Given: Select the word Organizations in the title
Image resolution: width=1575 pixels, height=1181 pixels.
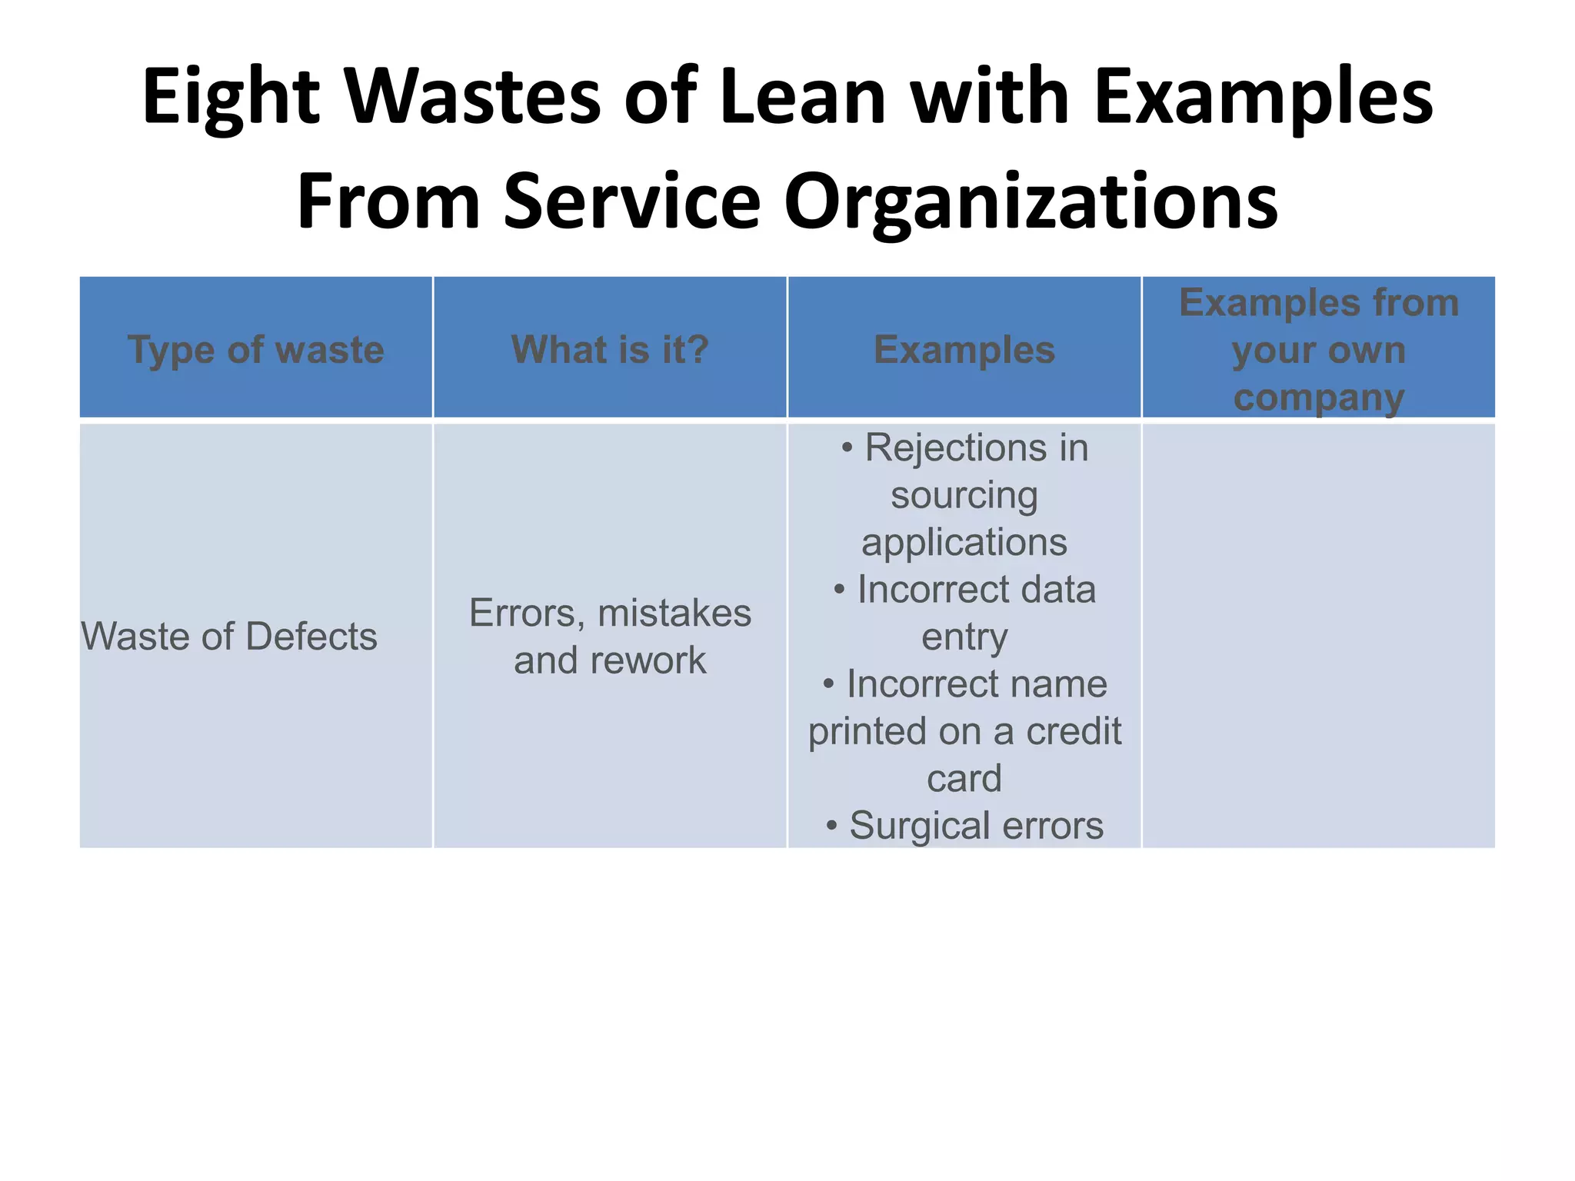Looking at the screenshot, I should [x=1031, y=201].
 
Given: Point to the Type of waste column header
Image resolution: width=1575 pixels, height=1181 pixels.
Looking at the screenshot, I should [x=255, y=350].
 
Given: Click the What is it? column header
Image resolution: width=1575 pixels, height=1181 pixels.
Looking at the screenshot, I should [x=610, y=350].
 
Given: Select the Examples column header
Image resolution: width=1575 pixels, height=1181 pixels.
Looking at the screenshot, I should [x=964, y=350].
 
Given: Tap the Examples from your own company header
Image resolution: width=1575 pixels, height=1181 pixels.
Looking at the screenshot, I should [x=1319, y=350].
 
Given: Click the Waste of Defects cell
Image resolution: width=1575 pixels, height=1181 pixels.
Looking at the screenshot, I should [x=229, y=637].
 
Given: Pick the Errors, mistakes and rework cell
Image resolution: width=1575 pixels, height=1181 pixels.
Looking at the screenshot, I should [x=610, y=637].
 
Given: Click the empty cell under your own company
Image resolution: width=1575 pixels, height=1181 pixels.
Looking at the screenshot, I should [x=1319, y=637].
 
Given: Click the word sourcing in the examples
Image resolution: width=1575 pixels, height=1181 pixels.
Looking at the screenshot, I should [x=964, y=495].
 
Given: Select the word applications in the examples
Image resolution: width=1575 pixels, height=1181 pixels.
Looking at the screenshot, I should [x=964, y=543].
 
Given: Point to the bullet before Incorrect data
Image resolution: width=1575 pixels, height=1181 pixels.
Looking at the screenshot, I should [x=840, y=590].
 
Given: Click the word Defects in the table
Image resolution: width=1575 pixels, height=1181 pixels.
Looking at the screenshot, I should [x=311, y=637].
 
